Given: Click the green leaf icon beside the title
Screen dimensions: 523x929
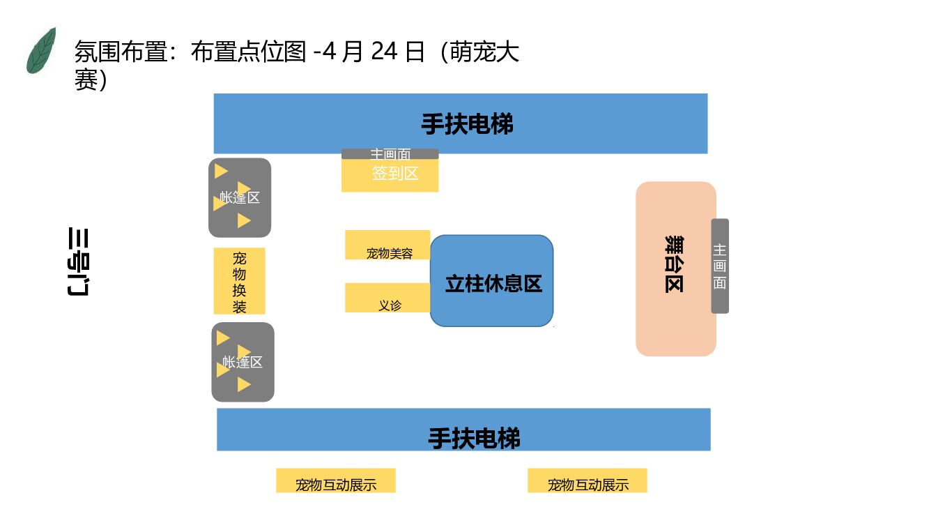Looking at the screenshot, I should point(41,51).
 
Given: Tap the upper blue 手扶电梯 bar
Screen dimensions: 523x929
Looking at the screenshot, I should point(460,123).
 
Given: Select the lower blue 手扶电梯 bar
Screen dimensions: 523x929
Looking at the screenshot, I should point(463,430).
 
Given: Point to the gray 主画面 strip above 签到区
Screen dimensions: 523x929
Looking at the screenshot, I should point(390,153).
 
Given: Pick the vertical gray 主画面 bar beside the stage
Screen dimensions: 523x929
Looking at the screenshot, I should point(720,266).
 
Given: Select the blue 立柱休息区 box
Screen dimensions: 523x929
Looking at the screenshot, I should point(492,281).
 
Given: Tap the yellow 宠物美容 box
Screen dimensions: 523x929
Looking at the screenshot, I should point(387,245).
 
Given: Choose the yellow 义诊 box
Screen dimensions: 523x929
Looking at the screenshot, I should point(387,298).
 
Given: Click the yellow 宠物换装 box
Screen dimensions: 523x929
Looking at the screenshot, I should point(239,281).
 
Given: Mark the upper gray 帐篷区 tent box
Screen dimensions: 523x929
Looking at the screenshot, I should point(240,197).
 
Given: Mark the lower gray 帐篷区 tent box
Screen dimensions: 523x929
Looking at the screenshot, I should point(243,362).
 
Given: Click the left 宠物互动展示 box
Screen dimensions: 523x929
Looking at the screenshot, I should point(336,480).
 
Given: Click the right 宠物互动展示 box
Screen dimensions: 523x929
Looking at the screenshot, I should point(588,480).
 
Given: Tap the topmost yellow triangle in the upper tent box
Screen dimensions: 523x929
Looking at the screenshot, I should point(222,171).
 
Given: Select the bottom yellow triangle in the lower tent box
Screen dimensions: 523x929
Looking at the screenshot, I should point(243,384).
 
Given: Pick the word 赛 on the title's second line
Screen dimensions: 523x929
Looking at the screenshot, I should point(85,80).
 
